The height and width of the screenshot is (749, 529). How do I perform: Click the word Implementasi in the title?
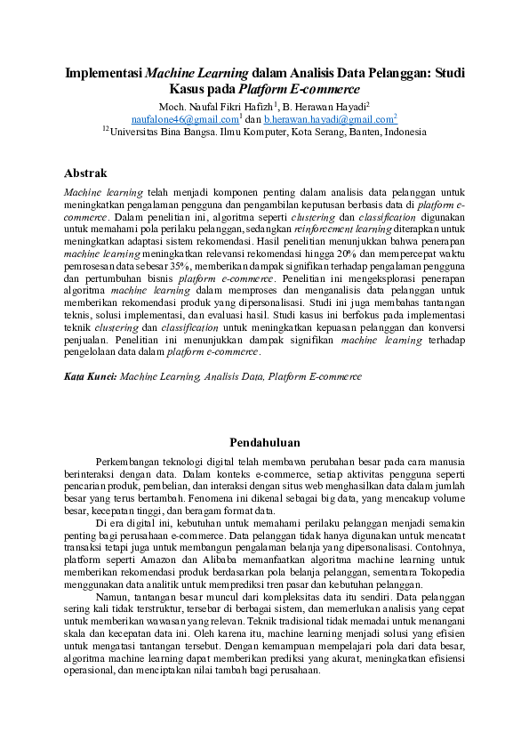click(x=103, y=73)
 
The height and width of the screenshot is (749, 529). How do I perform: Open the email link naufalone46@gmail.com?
click(x=184, y=118)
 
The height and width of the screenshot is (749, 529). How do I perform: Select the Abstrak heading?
click(x=85, y=173)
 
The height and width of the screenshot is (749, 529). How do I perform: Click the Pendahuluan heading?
click(x=264, y=442)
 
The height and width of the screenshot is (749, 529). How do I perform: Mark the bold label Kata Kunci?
click(x=91, y=376)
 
